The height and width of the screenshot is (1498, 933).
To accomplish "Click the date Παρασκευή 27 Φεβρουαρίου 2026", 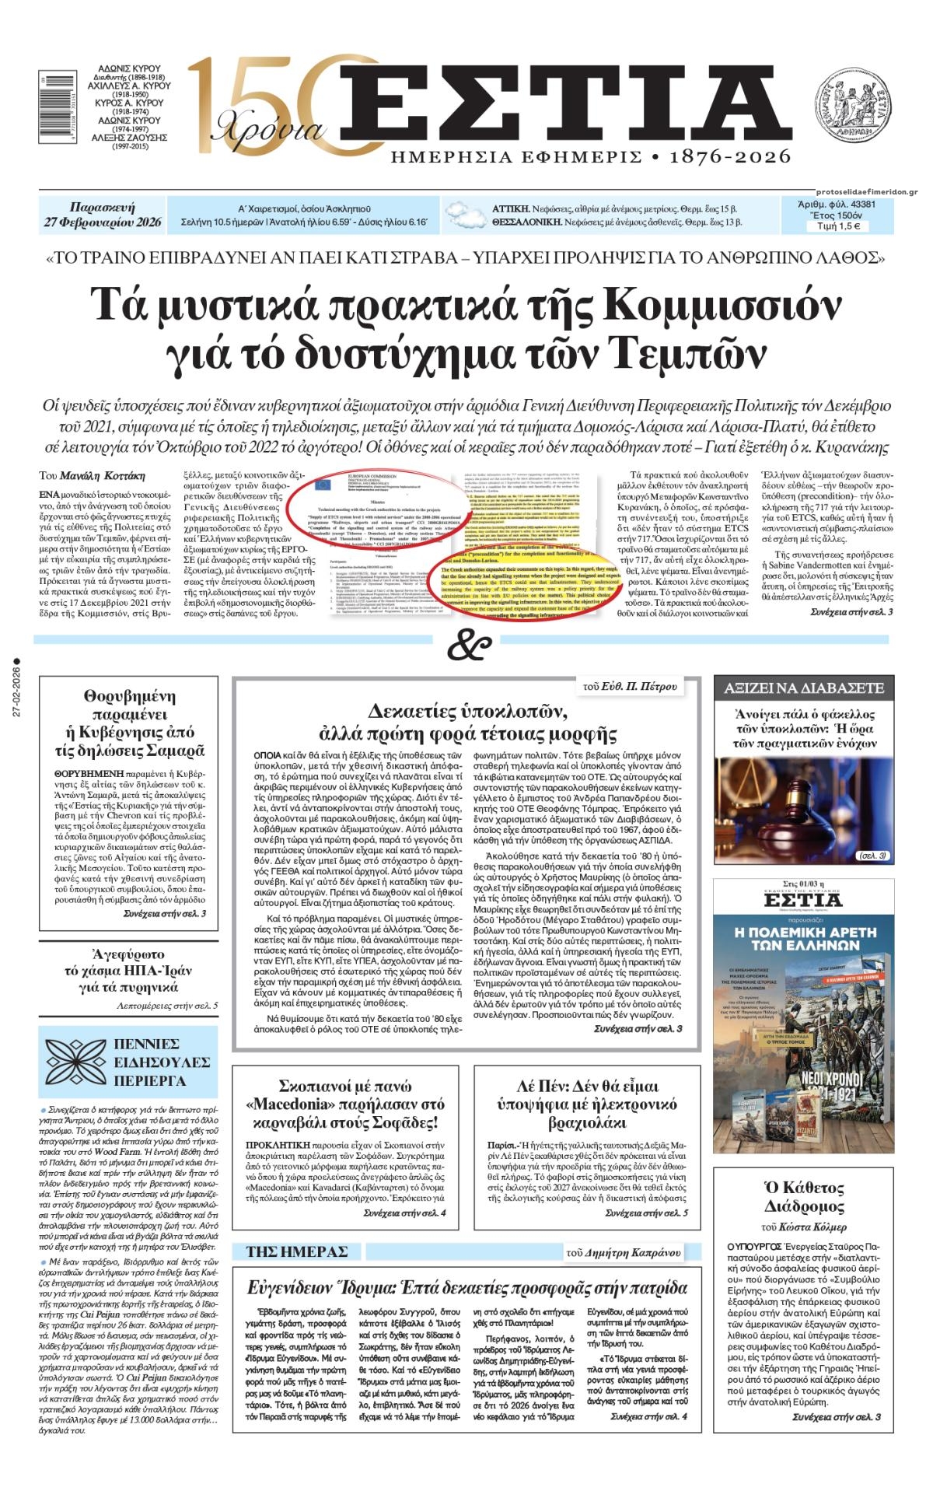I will [102, 215].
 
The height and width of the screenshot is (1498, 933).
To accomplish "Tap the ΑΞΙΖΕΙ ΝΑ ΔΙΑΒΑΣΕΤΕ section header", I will [804, 688].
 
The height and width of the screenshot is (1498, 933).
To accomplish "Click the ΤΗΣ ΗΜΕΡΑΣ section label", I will [296, 1251].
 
